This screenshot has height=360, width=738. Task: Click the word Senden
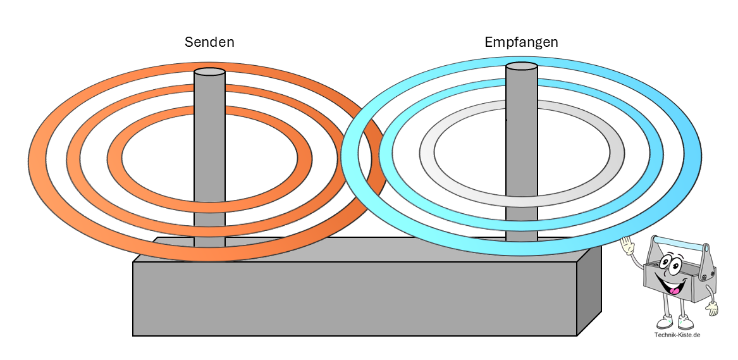coord(209,42)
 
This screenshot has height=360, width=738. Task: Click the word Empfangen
coord(521,42)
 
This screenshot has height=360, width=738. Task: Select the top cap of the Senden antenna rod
coord(209,71)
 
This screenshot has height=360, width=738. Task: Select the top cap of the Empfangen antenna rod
coord(522,66)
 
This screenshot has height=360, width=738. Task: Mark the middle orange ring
coord(73,158)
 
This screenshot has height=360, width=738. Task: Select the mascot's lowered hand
coord(713,309)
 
